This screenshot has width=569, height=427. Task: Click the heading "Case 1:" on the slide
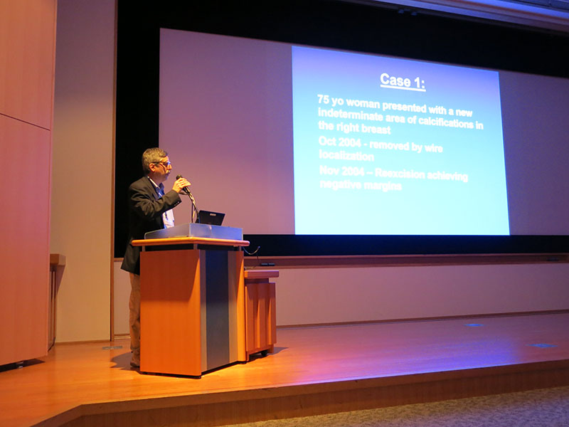(x=403, y=81)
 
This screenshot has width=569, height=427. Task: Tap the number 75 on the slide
(x=323, y=99)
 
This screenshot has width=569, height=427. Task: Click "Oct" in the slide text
(x=327, y=141)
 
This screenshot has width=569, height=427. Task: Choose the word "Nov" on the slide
(x=328, y=170)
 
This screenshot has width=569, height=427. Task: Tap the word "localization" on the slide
(x=346, y=156)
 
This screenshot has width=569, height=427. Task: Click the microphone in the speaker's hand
(x=183, y=184)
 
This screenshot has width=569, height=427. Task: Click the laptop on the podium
(x=211, y=218)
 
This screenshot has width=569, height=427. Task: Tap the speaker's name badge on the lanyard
(x=169, y=218)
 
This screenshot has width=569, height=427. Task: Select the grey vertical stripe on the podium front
(x=217, y=310)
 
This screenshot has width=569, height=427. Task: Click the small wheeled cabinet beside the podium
(x=260, y=313)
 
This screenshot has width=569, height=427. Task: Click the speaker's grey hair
(x=151, y=157)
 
